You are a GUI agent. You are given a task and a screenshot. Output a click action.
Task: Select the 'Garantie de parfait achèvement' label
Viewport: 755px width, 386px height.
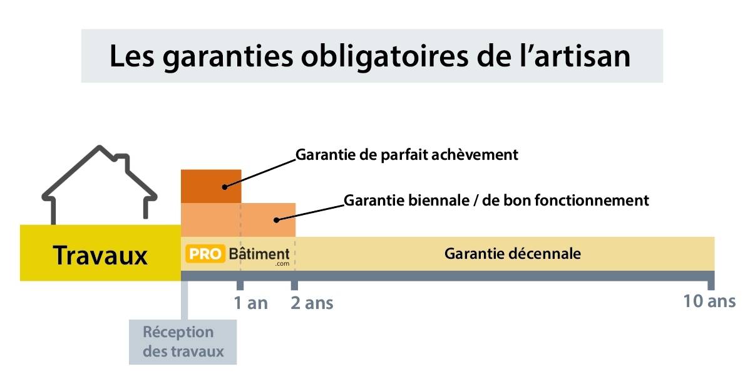tap(407, 154)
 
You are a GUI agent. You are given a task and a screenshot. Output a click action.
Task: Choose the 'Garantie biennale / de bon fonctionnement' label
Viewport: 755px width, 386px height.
tap(496, 201)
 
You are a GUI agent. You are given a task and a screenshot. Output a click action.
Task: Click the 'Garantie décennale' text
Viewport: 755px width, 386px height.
tap(512, 254)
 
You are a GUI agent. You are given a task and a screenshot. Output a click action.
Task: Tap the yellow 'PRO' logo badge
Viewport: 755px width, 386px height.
tap(204, 254)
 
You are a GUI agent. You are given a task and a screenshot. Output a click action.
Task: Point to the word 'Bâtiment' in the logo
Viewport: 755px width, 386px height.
tap(259, 254)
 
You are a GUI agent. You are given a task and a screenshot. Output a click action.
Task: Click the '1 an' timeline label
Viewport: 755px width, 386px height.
tap(250, 303)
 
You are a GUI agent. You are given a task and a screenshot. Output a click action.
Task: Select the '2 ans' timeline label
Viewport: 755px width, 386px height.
tap(312, 303)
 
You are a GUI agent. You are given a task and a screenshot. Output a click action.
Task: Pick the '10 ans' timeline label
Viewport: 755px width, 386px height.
tap(709, 301)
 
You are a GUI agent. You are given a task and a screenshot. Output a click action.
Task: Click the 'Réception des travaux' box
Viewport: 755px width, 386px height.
tap(183, 342)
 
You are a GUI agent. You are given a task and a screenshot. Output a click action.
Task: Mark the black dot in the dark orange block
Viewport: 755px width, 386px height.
tap(223, 186)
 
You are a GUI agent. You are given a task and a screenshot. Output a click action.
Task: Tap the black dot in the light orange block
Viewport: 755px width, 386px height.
tap(276, 219)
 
